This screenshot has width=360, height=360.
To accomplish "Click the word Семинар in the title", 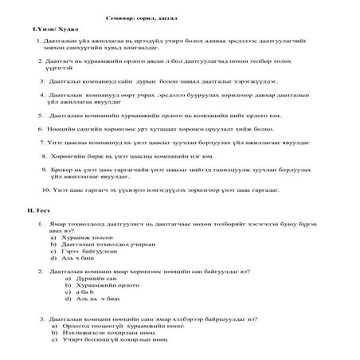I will (121, 16).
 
